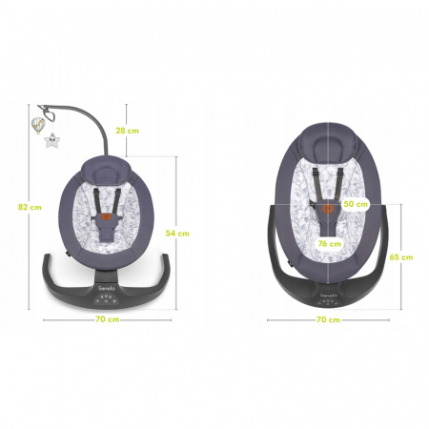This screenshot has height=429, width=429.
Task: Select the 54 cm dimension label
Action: [178, 232]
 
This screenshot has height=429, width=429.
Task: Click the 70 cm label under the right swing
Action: [327, 319]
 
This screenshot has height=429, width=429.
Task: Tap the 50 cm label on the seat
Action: [356, 204]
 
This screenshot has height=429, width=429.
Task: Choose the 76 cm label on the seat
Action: [329, 243]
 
